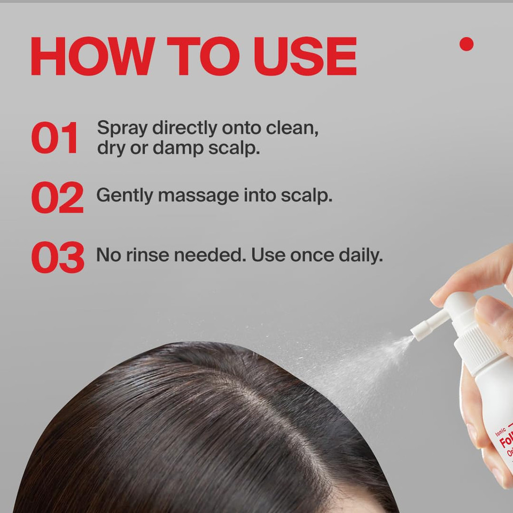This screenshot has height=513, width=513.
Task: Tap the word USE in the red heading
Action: click(x=305, y=57)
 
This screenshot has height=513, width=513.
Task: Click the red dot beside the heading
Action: click(x=467, y=44)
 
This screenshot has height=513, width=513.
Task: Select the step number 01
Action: click(x=55, y=138)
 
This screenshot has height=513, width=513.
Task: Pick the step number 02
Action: click(x=57, y=197)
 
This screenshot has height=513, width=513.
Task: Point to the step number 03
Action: click(x=58, y=257)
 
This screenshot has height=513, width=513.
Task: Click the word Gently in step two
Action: click(x=125, y=196)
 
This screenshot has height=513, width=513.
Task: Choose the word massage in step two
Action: click(x=198, y=196)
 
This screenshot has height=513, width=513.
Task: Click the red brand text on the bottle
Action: click(x=506, y=443)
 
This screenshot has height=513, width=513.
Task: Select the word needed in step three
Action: click(x=204, y=255)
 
